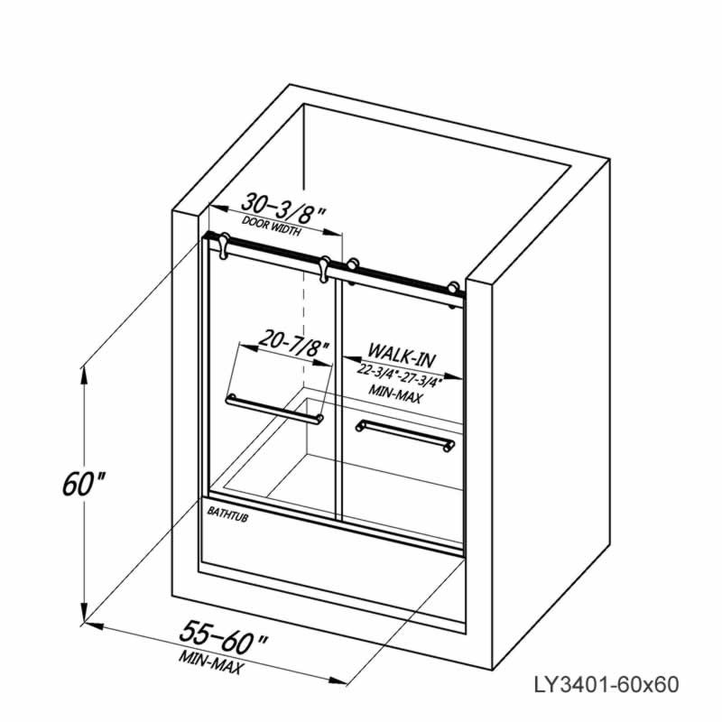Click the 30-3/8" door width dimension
pos(283,208)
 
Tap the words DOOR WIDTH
pos(272,227)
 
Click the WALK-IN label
pos(402,356)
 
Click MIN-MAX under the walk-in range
pos(394,394)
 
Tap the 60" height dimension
pos(83,484)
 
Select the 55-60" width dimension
pos(224,636)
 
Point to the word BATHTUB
pos(227,514)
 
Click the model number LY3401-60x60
pos(606,685)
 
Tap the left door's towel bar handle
pos(274,408)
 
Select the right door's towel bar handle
pos(405,434)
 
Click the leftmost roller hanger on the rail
pos(224,245)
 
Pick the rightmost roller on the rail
pos(455,291)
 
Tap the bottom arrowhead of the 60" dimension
pos(83,614)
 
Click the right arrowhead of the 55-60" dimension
pos(338,680)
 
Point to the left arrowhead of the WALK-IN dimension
pos(352,359)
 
